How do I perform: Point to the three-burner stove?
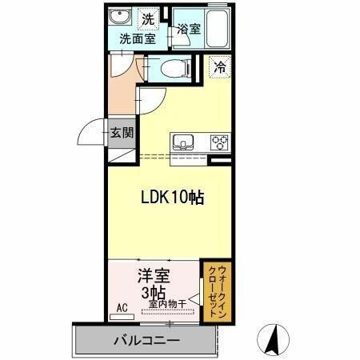click(218, 143)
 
